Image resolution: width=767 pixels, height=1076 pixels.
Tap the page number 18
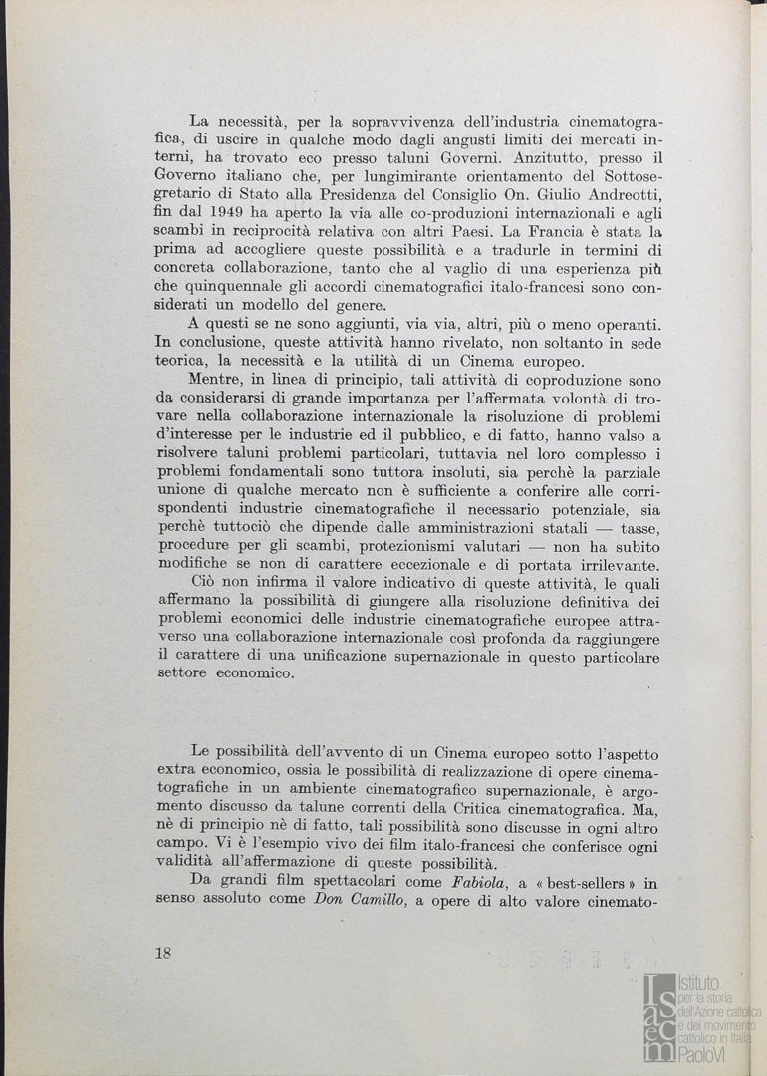click(x=164, y=953)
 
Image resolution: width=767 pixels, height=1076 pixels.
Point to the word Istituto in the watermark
click(x=699, y=982)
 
